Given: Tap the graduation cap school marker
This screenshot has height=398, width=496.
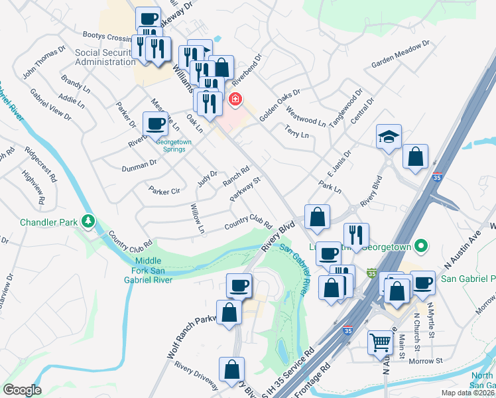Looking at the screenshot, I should point(389,137).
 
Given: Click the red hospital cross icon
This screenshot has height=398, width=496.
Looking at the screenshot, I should point(235,100).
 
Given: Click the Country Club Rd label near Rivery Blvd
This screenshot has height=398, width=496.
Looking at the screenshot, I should point(249,222).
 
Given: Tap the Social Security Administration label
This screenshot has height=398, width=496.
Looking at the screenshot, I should point(105,57).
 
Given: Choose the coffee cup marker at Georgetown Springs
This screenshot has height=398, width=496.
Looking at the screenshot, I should point(156,123).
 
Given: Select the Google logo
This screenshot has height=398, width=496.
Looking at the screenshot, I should point(22,390).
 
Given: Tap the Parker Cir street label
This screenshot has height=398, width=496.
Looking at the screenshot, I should point(164,191).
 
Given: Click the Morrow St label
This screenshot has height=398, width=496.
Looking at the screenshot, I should point(425,361).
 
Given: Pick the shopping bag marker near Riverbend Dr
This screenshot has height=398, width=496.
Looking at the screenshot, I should point(221,67).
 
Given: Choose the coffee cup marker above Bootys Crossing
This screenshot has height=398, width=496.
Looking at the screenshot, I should point(149,19).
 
